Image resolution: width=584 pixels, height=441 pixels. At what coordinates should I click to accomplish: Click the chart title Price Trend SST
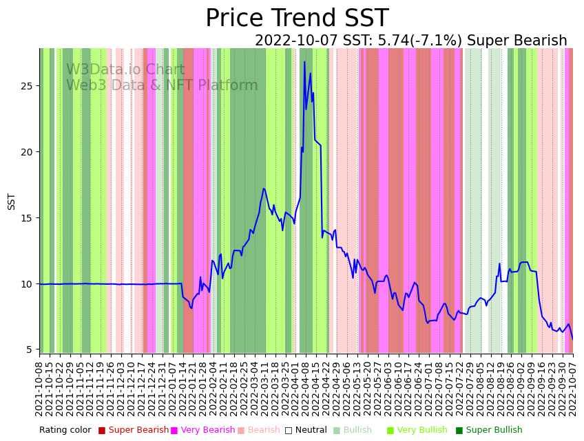click(x=297, y=19)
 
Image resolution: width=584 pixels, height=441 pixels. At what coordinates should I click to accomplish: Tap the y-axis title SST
click(x=12, y=201)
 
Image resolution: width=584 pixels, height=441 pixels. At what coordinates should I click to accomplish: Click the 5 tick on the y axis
click(x=30, y=349)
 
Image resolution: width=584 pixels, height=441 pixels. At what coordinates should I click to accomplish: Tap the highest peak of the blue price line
click(x=304, y=62)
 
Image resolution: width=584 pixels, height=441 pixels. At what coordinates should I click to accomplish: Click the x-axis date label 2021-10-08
click(x=40, y=389)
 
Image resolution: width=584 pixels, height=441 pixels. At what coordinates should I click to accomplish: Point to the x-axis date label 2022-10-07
click(x=572, y=389)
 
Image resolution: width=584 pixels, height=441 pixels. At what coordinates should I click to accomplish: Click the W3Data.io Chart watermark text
click(x=125, y=70)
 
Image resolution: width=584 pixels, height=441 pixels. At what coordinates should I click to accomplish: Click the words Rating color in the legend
click(x=65, y=431)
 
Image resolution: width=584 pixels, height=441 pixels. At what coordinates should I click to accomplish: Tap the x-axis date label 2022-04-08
click(x=306, y=389)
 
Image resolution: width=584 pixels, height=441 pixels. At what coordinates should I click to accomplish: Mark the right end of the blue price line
click(x=572, y=338)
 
